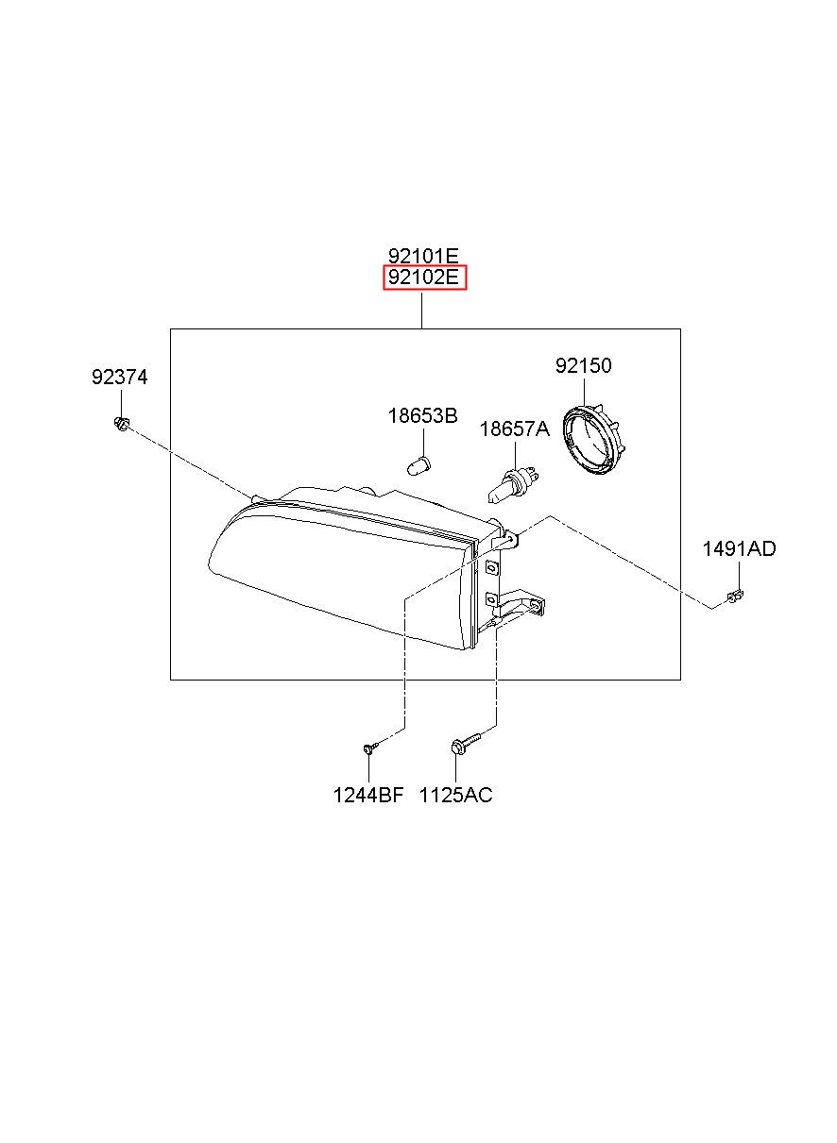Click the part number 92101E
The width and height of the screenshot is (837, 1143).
tap(423, 255)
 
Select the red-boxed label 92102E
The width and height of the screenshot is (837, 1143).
tap(424, 277)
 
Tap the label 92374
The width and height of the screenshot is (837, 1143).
tap(119, 378)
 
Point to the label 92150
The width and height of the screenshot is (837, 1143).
tap(583, 365)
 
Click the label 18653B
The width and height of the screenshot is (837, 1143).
tap(422, 416)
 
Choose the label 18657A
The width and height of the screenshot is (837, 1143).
tap(514, 429)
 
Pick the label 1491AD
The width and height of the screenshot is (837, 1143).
tap(739, 549)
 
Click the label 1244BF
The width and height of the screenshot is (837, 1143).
tap(368, 795)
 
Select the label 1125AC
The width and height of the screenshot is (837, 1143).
tap(455, 795)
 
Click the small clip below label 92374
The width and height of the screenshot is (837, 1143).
tap(121, 423)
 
